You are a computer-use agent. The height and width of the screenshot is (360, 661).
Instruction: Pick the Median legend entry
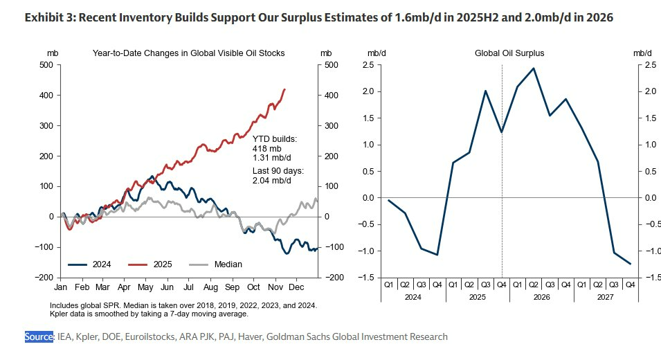point(228,264)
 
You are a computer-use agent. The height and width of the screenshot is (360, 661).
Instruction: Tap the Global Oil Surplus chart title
point(509,53)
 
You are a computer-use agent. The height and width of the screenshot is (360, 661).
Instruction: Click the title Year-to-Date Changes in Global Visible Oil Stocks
point(188,53)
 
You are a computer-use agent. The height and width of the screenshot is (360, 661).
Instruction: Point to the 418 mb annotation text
point(266,147)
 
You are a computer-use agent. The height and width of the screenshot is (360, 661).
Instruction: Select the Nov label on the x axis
point(275,287)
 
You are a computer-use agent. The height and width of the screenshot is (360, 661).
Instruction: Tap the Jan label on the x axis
point(61,287)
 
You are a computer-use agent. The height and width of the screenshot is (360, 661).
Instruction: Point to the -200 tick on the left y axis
point(44,278)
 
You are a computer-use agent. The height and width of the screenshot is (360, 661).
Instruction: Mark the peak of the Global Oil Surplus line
point(533,69)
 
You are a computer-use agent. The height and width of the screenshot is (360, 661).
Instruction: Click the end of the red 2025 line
point(285,89)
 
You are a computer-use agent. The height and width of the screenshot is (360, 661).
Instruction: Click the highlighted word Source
point(39,336)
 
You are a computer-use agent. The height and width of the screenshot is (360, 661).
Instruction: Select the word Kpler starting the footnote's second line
point(61,314)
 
